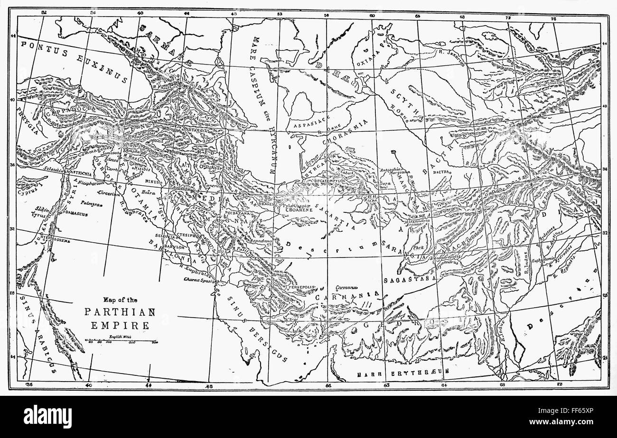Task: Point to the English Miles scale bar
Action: click(x=121, y=340)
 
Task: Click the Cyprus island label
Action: click(x=27, y=193)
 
